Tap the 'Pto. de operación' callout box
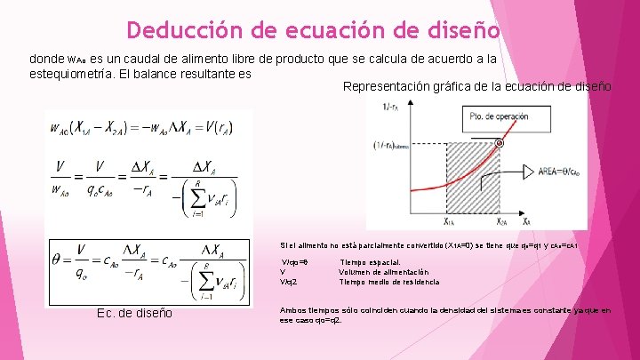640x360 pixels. point(501,118)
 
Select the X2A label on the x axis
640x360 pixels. point(502,221)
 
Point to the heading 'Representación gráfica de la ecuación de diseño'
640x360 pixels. point(476,86)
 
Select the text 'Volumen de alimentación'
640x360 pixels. point(384,272)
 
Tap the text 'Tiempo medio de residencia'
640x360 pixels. point(389,282)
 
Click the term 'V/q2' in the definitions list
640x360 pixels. point(289,282)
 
